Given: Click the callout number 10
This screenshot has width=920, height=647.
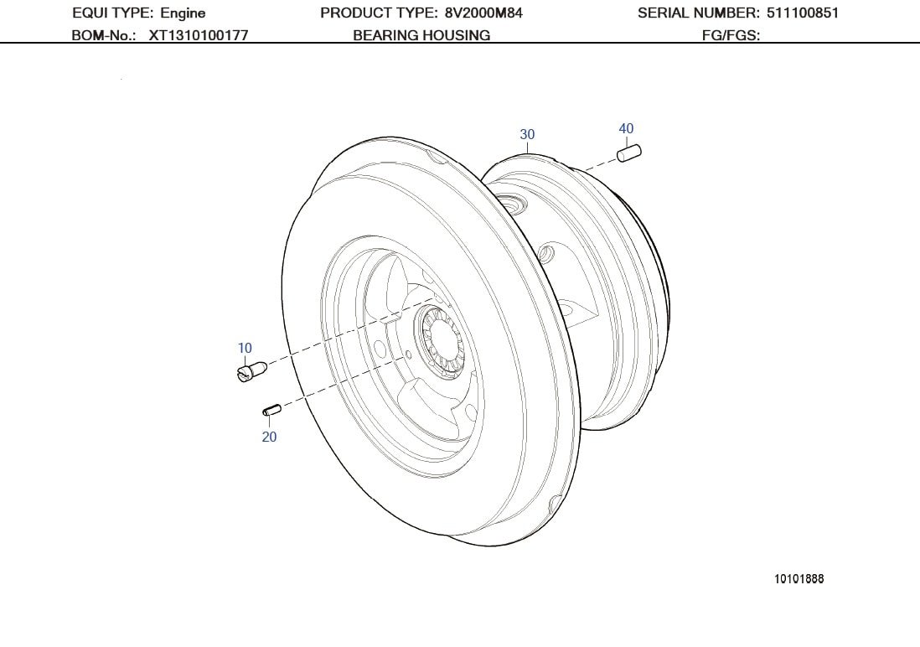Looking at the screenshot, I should click(x=245, y=348).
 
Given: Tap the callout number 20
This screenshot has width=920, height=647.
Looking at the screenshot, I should click(x=269, y=437).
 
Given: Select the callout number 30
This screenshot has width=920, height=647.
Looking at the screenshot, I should click(x=527, y=134).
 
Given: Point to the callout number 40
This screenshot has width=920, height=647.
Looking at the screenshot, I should click(x=626, y=128).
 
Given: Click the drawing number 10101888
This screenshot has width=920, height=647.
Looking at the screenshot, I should click(x=799, y=578).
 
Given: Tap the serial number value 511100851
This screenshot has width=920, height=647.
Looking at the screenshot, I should click(x=802, y=13).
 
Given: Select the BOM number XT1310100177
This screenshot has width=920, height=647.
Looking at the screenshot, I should click(x=198, y=35).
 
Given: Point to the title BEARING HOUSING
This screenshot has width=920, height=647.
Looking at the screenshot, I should click(x=421, y=35).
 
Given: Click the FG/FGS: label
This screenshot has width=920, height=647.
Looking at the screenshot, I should click(x=731, y=35).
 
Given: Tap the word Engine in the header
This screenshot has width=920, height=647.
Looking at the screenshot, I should click(x=183, y=13).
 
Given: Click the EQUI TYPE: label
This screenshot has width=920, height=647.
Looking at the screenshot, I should click(x=112, y=13).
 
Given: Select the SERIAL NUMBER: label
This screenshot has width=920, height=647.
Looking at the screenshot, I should click(x=699, y=13).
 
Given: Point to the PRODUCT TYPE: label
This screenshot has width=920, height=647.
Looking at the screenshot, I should click(x=379, y=13).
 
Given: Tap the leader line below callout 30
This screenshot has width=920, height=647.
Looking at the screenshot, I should click(x=527, y=148).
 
